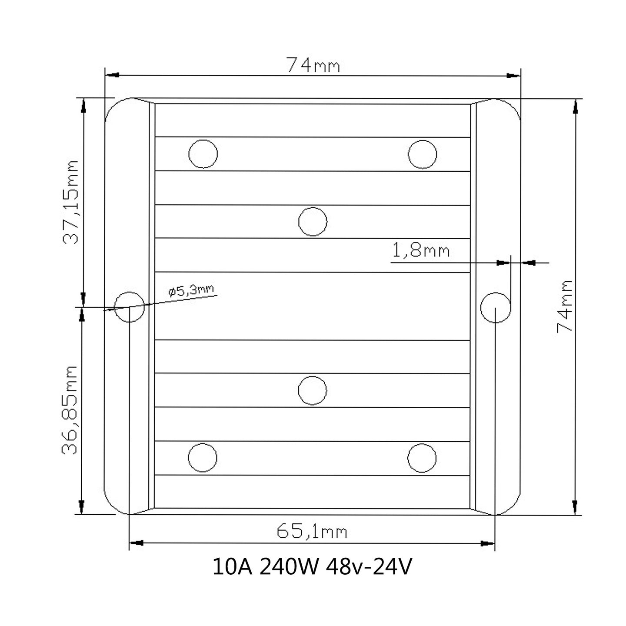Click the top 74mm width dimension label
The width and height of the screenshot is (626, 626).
(313, 65)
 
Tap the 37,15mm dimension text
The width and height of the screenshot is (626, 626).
(70, 202)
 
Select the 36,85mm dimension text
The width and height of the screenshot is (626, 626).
(69, 410)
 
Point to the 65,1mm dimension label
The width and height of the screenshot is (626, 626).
(312, 532)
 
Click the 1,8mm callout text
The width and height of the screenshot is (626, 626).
(421, 250)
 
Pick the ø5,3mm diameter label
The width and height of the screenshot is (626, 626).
(191, 290)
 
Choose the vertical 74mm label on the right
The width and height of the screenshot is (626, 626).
(565, 306)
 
